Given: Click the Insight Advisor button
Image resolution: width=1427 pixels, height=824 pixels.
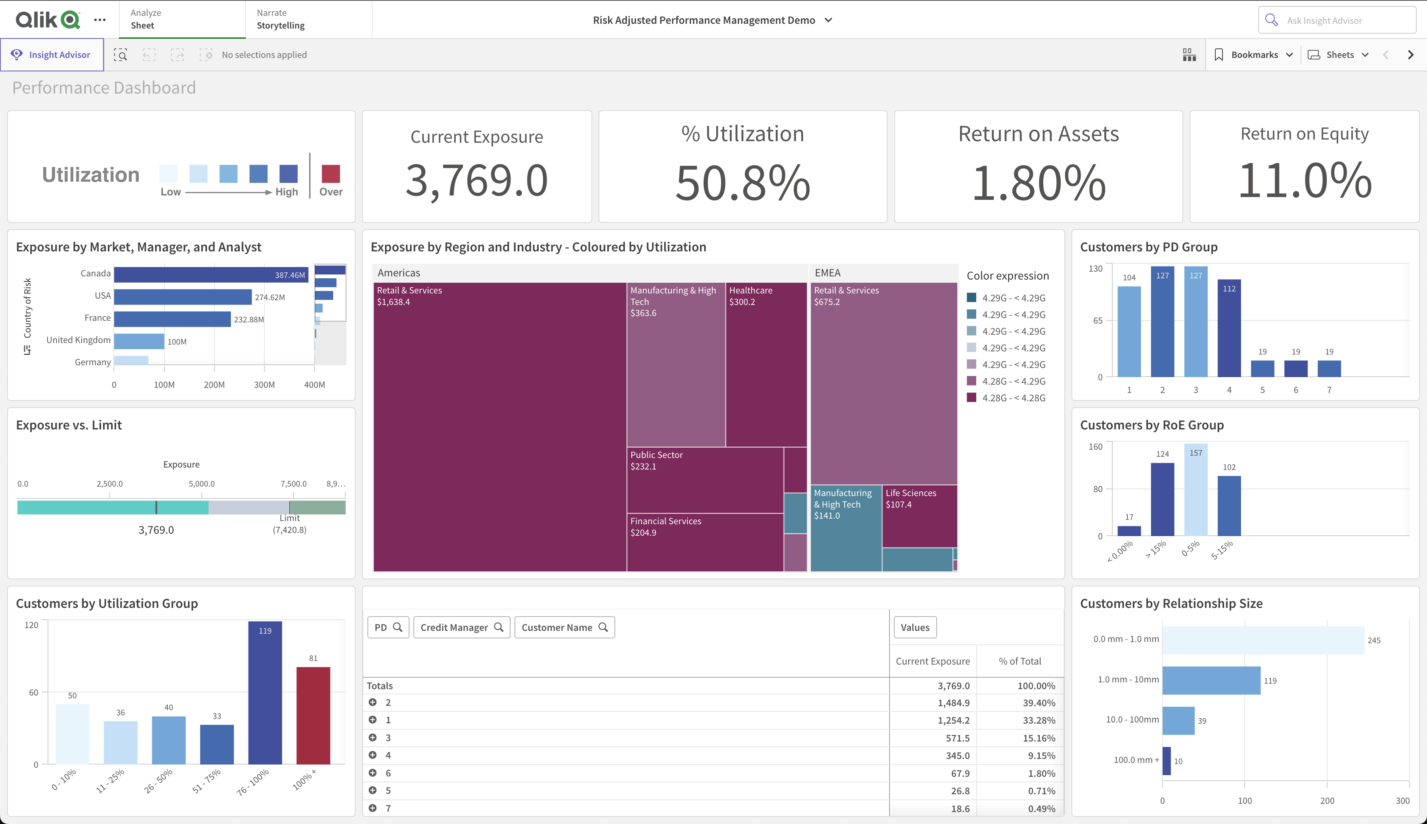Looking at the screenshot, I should pyautogui.click(x=52, y=55).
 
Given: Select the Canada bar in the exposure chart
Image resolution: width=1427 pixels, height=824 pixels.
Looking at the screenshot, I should pyautogui.click(x=211, y=274).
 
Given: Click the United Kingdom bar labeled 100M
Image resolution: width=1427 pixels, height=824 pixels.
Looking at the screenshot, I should pyautogui.click(x=139, y=341).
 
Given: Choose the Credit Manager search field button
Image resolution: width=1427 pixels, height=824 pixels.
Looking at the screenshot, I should pyautogui.click(x=461, y=627).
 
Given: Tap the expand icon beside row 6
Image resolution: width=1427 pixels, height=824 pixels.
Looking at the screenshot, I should pyautogui.click(x=373, y=772).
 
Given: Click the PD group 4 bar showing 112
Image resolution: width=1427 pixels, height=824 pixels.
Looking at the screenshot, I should pyautogui.click(x=1228, y=328).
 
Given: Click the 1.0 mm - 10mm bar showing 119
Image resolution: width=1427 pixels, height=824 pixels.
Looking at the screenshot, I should pyautogui.click(x=1211, y=680).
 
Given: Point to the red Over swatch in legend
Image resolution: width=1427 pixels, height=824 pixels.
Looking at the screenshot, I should pyautogui.click(x=330, y=174).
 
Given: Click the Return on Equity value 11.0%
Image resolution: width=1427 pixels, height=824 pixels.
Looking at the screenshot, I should pyautogui.click(x=1304, y=181).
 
